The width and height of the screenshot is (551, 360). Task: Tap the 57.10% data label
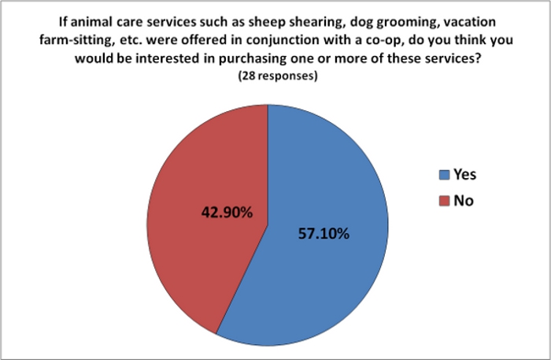(324, 233)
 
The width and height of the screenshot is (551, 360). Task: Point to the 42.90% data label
(227, 213)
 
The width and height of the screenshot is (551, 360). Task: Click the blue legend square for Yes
(444, 175)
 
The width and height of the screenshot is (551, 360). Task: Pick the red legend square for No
(444, 201)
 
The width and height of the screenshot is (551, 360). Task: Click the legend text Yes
(464, 174)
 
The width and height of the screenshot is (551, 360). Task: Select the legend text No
(464, 200)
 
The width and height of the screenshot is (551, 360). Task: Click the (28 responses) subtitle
(278, 76)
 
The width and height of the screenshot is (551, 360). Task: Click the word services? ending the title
(453, 58)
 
